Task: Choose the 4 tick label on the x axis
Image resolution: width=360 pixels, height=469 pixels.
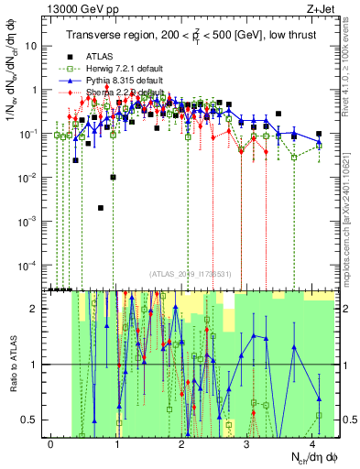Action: click(x=313, y=442)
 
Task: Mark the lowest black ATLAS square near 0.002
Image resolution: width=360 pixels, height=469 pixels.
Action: click(x=101, y=208)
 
